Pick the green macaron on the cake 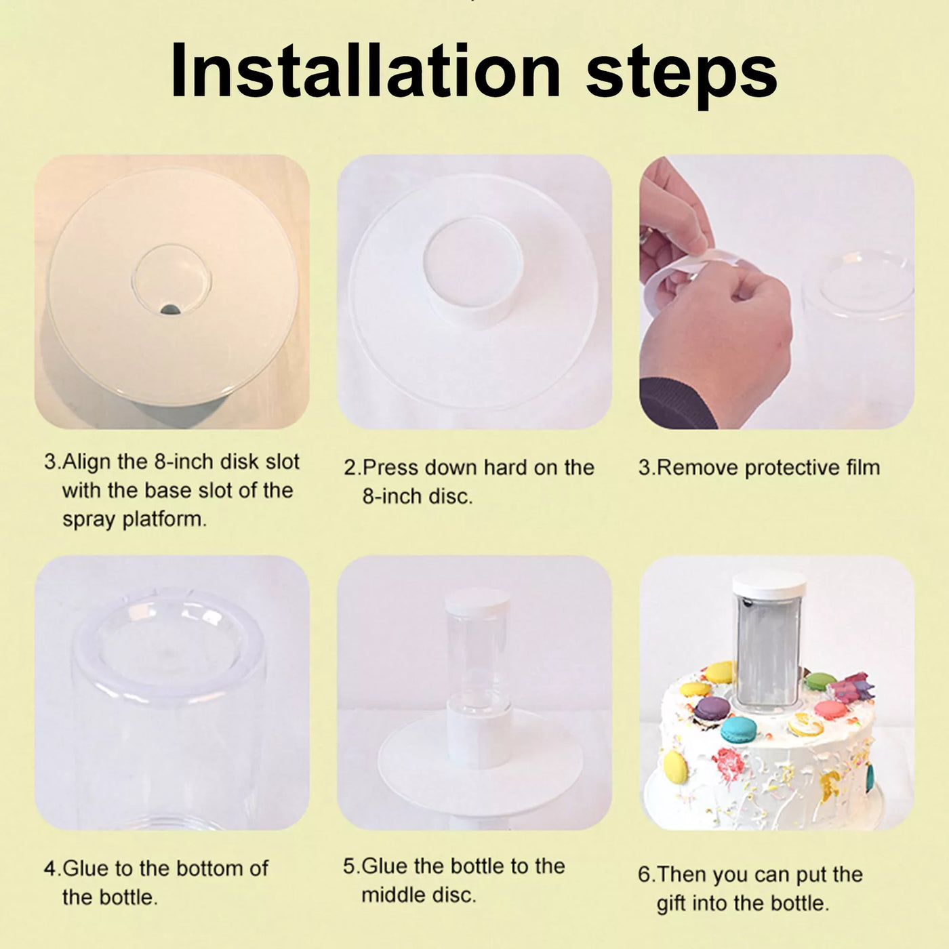(820, 682)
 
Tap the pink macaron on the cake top (830, 709)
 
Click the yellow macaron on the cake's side (675, 767)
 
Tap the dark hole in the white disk (170, 309)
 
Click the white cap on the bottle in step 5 (477, 601)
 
